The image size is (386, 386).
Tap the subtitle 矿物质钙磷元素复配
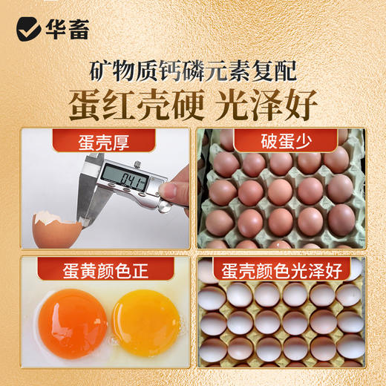[x=192, y=71]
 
